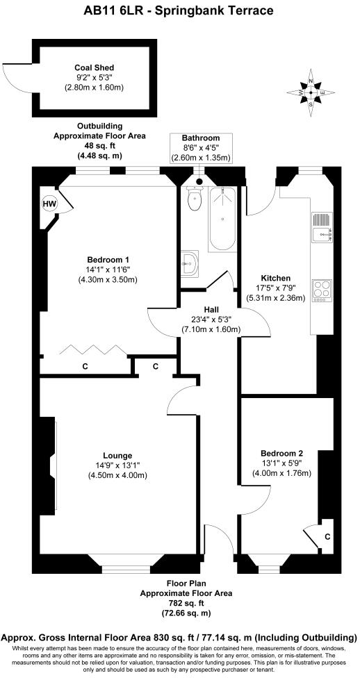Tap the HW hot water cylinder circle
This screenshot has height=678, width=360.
pyautogui.click(x=49, y=204)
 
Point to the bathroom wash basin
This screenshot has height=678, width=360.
pyautogui.click(x=189, y=262)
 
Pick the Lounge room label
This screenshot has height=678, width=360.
pyautogui.click(x=106, y=456)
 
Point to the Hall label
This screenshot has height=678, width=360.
pyautogui.click(x=212, y=309)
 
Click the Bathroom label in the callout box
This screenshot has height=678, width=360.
pyautogui.click(x=201, y=138)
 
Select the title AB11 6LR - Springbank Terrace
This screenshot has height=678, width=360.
pyautogui.click(x=179, y=10)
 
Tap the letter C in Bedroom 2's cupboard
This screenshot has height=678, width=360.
pyautogui.click(x=327, y=536)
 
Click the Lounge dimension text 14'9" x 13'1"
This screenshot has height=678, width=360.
pyautogui.click(x=106, y=465)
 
